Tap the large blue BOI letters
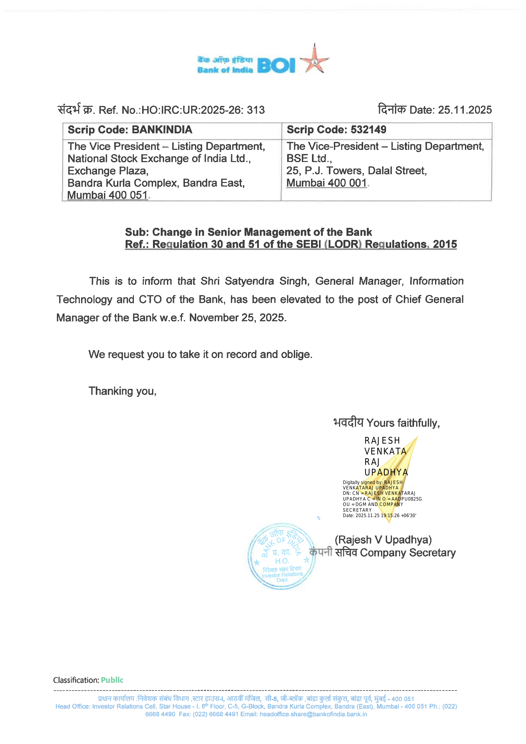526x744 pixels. pyautogui.click(x=276, y=66)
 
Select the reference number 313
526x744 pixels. pyautogui.click(x=256, y=110)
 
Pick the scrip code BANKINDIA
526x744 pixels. pyautogui.click(x=162, y=130)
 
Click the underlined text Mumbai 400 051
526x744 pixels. pyautogui.click(x=107, y=195)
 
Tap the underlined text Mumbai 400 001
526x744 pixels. pyautogui.click(x=326, y=183)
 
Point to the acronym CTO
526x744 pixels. pyautogui.click(x=150, y=299)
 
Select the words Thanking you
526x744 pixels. pyautogui.click(x=122, y=391)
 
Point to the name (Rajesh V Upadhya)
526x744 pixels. pyautogui.click(x=383, y=540)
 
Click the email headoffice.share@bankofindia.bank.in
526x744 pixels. pyautogui.click(x=313, y=714)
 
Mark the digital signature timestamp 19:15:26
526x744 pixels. pyautogui.click(x=390, y=516)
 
